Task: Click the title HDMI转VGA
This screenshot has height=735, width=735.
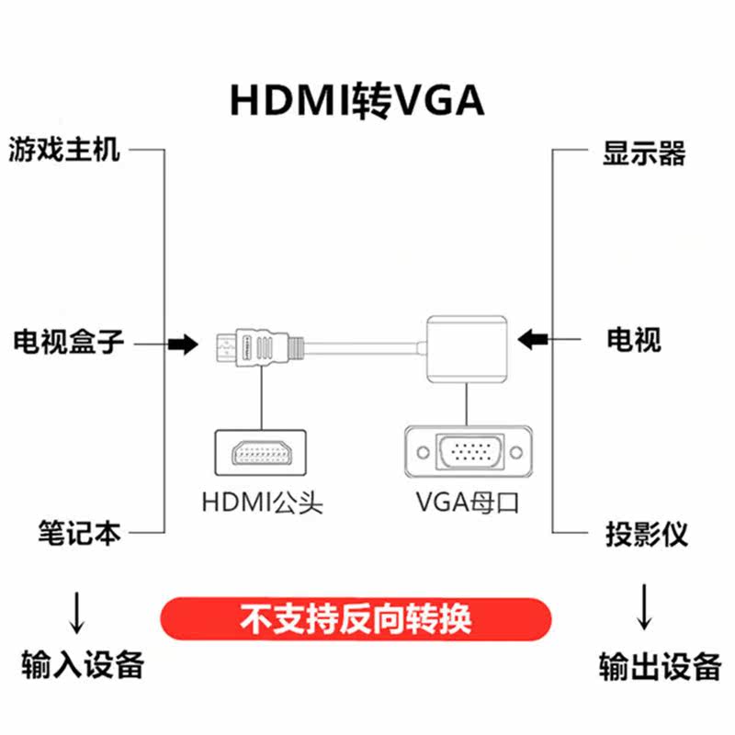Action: pos(356,100)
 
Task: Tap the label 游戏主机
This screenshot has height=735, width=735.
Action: pos(65,149)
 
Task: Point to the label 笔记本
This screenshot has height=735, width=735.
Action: pos(79,533)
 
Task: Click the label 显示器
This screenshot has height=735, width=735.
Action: pos(644,153)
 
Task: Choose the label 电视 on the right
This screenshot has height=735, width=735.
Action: pos(633,341)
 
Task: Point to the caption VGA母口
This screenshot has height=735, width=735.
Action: pos(468,503)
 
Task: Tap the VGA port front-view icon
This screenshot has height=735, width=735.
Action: pos(469,451)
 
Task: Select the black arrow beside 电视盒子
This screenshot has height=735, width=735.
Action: pos(182,345)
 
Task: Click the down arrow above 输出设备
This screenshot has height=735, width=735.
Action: pos(645,607)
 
